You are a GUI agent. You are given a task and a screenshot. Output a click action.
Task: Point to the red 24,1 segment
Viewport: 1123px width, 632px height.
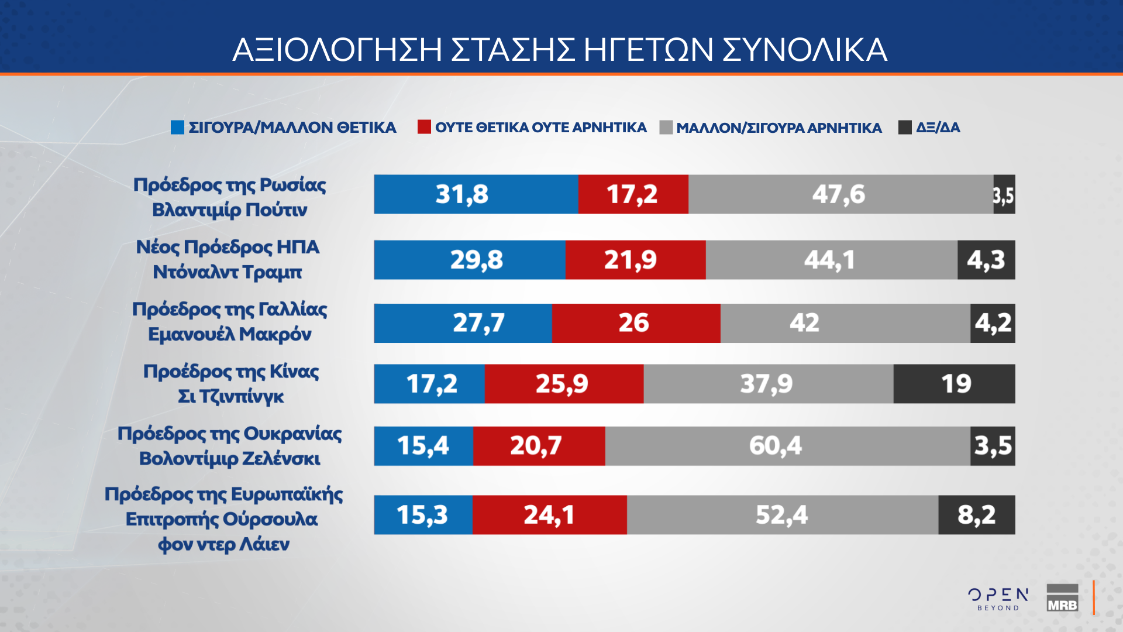click(x=549, y=515)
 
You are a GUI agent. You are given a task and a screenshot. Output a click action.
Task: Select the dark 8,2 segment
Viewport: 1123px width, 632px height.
click(x=976, y=515)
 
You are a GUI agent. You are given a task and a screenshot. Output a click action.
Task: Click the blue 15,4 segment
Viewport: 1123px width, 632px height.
click(x=423, y=446)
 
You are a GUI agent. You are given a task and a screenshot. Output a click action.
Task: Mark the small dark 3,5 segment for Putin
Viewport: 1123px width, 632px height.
click(x=1004, y=194)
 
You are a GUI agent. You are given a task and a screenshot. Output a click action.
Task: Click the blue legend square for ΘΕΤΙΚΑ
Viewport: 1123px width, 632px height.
click(x=177, y=127)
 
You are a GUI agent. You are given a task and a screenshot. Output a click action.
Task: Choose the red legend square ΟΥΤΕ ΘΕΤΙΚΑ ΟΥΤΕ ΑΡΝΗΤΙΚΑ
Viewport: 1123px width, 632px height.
click(x=424, y=127)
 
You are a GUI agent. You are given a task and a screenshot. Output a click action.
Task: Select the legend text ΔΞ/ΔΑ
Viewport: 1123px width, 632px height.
click(x=938, y=128)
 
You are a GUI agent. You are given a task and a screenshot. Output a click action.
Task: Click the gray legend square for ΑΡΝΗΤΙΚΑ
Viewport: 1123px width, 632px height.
click(x=666, y=127)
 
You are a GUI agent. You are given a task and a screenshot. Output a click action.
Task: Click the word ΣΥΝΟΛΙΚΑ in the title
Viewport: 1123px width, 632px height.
click(x=805, y=50)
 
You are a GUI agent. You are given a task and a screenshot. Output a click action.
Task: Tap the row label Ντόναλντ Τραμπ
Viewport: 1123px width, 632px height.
click(x=228, y=272)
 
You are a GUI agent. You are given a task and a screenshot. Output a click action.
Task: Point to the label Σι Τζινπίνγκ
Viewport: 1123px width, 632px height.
click(x=230, y=397)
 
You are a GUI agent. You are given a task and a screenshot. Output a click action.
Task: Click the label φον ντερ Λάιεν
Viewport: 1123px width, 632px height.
click(x=223, y=544)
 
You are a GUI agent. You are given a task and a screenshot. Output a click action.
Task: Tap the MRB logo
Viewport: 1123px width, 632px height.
click(x=1062, y=598)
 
